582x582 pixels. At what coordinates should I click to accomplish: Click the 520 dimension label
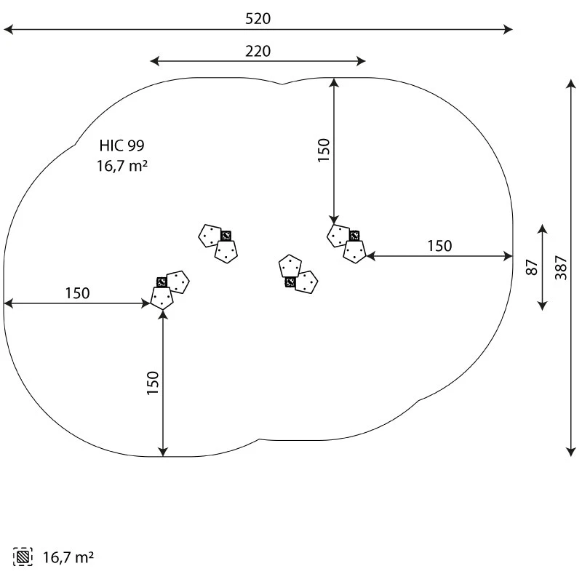coord(258,19)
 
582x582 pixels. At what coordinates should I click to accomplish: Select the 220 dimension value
coord(258,51)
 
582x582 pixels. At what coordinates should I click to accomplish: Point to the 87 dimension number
coord(532,267)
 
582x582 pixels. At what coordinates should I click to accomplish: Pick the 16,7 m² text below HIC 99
coord(122,166)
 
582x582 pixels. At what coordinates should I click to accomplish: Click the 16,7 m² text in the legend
coord(68,558)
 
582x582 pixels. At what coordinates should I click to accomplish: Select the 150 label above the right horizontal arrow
coord(439,246)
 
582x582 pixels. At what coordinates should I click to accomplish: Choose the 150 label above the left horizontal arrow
coord(77,293)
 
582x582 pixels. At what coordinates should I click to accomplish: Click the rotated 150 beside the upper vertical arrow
coord(324,149)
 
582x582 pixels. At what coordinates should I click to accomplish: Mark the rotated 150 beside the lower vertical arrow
coord(153,383)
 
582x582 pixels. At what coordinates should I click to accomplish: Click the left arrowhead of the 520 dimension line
coord(7,30)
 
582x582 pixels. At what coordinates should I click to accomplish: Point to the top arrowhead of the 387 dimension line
coord(571,84)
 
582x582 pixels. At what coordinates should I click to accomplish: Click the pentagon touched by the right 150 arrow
coord(354,252)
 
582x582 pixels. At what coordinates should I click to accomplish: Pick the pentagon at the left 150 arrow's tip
coord(162,298)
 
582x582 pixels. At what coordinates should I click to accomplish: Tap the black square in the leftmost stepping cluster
coord(162,282)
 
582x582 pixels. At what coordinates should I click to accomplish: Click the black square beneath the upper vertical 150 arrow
coord(354,236)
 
